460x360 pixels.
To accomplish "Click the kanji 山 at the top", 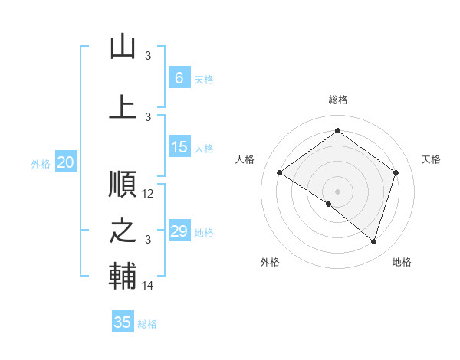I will click(123, 47).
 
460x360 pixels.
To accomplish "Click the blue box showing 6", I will click(179, 78).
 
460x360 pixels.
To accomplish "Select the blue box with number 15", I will click(179, 148).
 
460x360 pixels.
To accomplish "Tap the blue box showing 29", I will click(179, 232).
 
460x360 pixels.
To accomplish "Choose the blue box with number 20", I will click(66, 162).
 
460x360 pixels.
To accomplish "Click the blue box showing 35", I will click(123, 322).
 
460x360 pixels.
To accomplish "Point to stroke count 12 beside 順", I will click(149, 194).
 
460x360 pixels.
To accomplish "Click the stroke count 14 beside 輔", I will click(149, 286).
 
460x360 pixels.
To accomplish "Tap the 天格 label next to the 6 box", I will click(204, 79).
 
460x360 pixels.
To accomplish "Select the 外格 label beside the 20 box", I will click(41, 163).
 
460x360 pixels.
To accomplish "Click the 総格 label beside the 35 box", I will click(147, 323).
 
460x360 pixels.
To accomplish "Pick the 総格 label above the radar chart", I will click(337, 100).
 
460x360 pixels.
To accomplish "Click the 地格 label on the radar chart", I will click(402, 262).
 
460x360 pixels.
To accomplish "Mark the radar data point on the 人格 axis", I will click(280, 173).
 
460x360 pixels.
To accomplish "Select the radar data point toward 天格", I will click(396, 173).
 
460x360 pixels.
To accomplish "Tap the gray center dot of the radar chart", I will click(337, 190).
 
